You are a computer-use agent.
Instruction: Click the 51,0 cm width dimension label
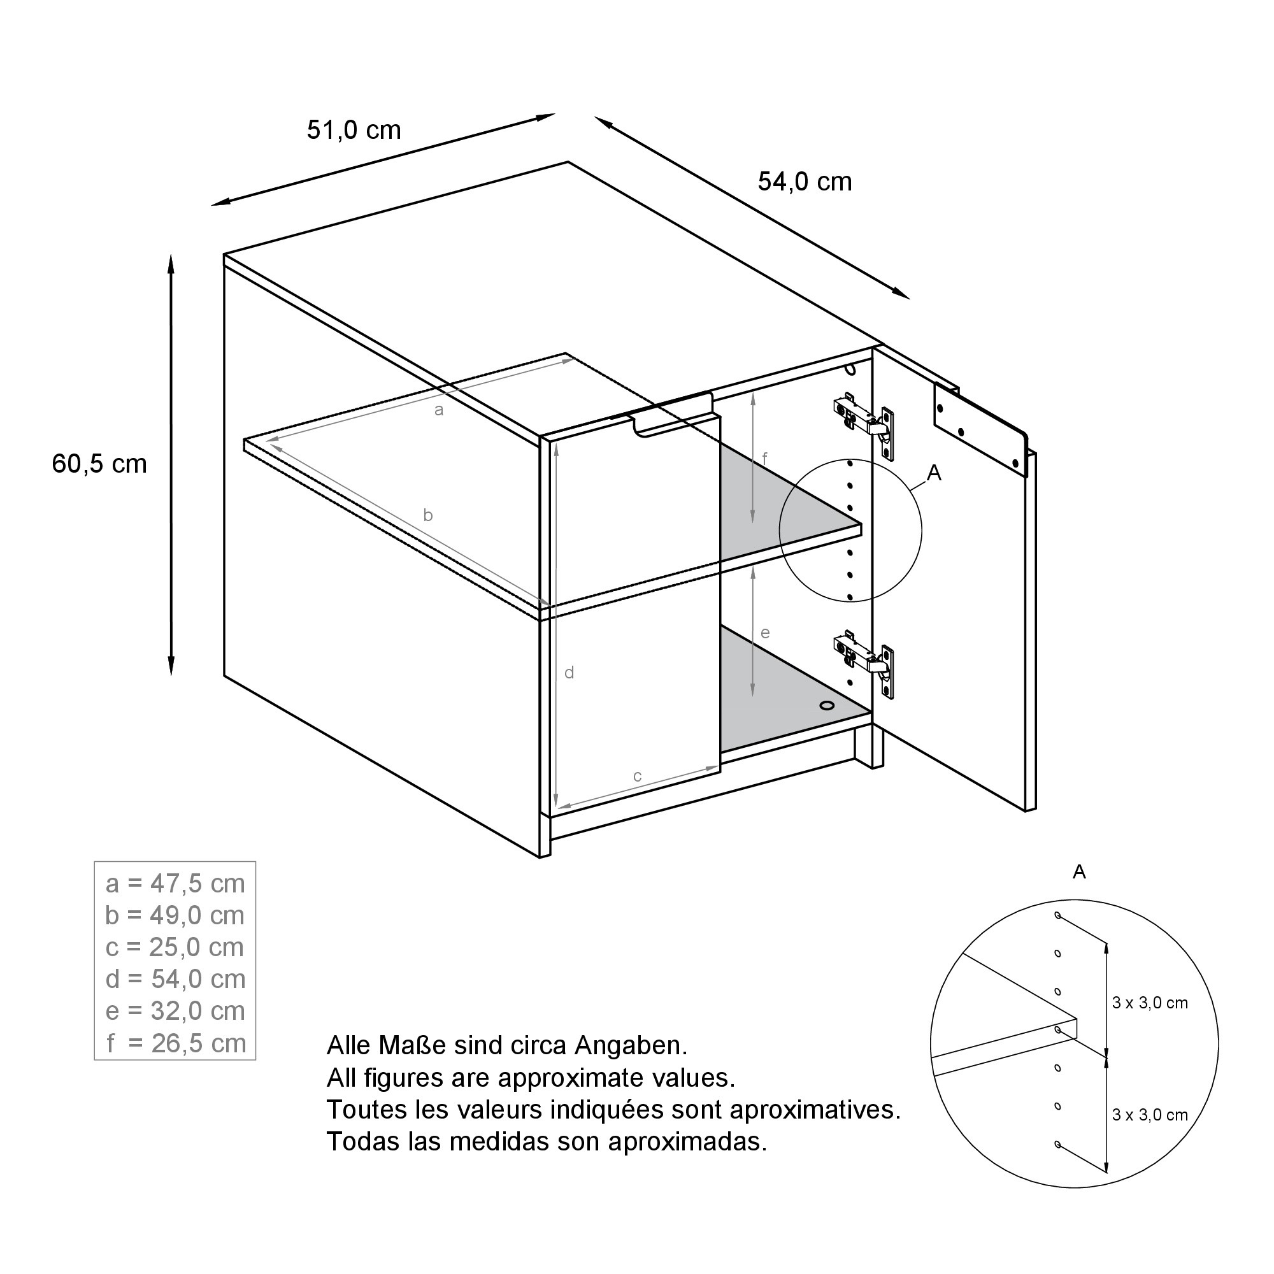pyautogui.click(x=354, y=131)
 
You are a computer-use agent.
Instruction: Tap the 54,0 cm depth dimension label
pyautogui.click(x=805, y=182)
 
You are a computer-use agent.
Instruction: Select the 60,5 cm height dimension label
pyautogui.click(x=99, y=464)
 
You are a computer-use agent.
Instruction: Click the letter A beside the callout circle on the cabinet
pyautogui.click(x=934, y=473)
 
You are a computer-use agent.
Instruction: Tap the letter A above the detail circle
pyautogui.click(x=1080, y=873)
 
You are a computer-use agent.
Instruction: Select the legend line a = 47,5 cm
pyautogui.click(x=175, y=884)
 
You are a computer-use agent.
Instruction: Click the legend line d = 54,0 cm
pyautogui.click(x=175, y=979)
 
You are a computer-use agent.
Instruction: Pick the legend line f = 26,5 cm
pyautogui.click(x=175, y=1043)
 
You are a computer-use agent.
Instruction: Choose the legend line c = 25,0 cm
pyautogui.click(x=175, y=948)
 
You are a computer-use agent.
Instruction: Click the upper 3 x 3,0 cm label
pyautogui.click(x=1150, y=1004)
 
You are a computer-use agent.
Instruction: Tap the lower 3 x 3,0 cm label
pyautogui.click(x=1150, y=1115)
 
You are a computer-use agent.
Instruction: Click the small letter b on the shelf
pyautogui.click(x=428, y=515)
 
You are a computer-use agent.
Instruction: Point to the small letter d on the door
pyautogui.click(x=569, y=673)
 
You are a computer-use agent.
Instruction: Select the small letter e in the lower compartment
pyautogui.click(x=765, y=633)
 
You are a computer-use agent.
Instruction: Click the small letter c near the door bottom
pyautogui.click(x=638, y=776)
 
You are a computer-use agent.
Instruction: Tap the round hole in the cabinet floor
pyautogui.click(x=826, y=706)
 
